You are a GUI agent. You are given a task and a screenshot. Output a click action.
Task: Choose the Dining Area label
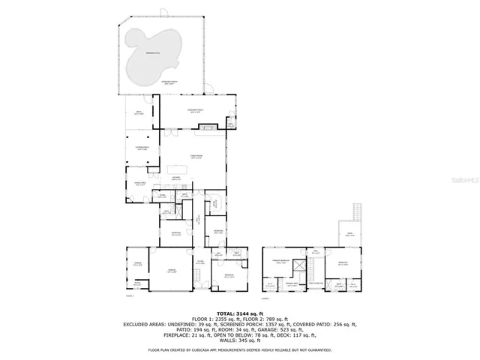(140, 183)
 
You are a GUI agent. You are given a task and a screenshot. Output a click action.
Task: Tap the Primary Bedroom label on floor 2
(280, 262)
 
